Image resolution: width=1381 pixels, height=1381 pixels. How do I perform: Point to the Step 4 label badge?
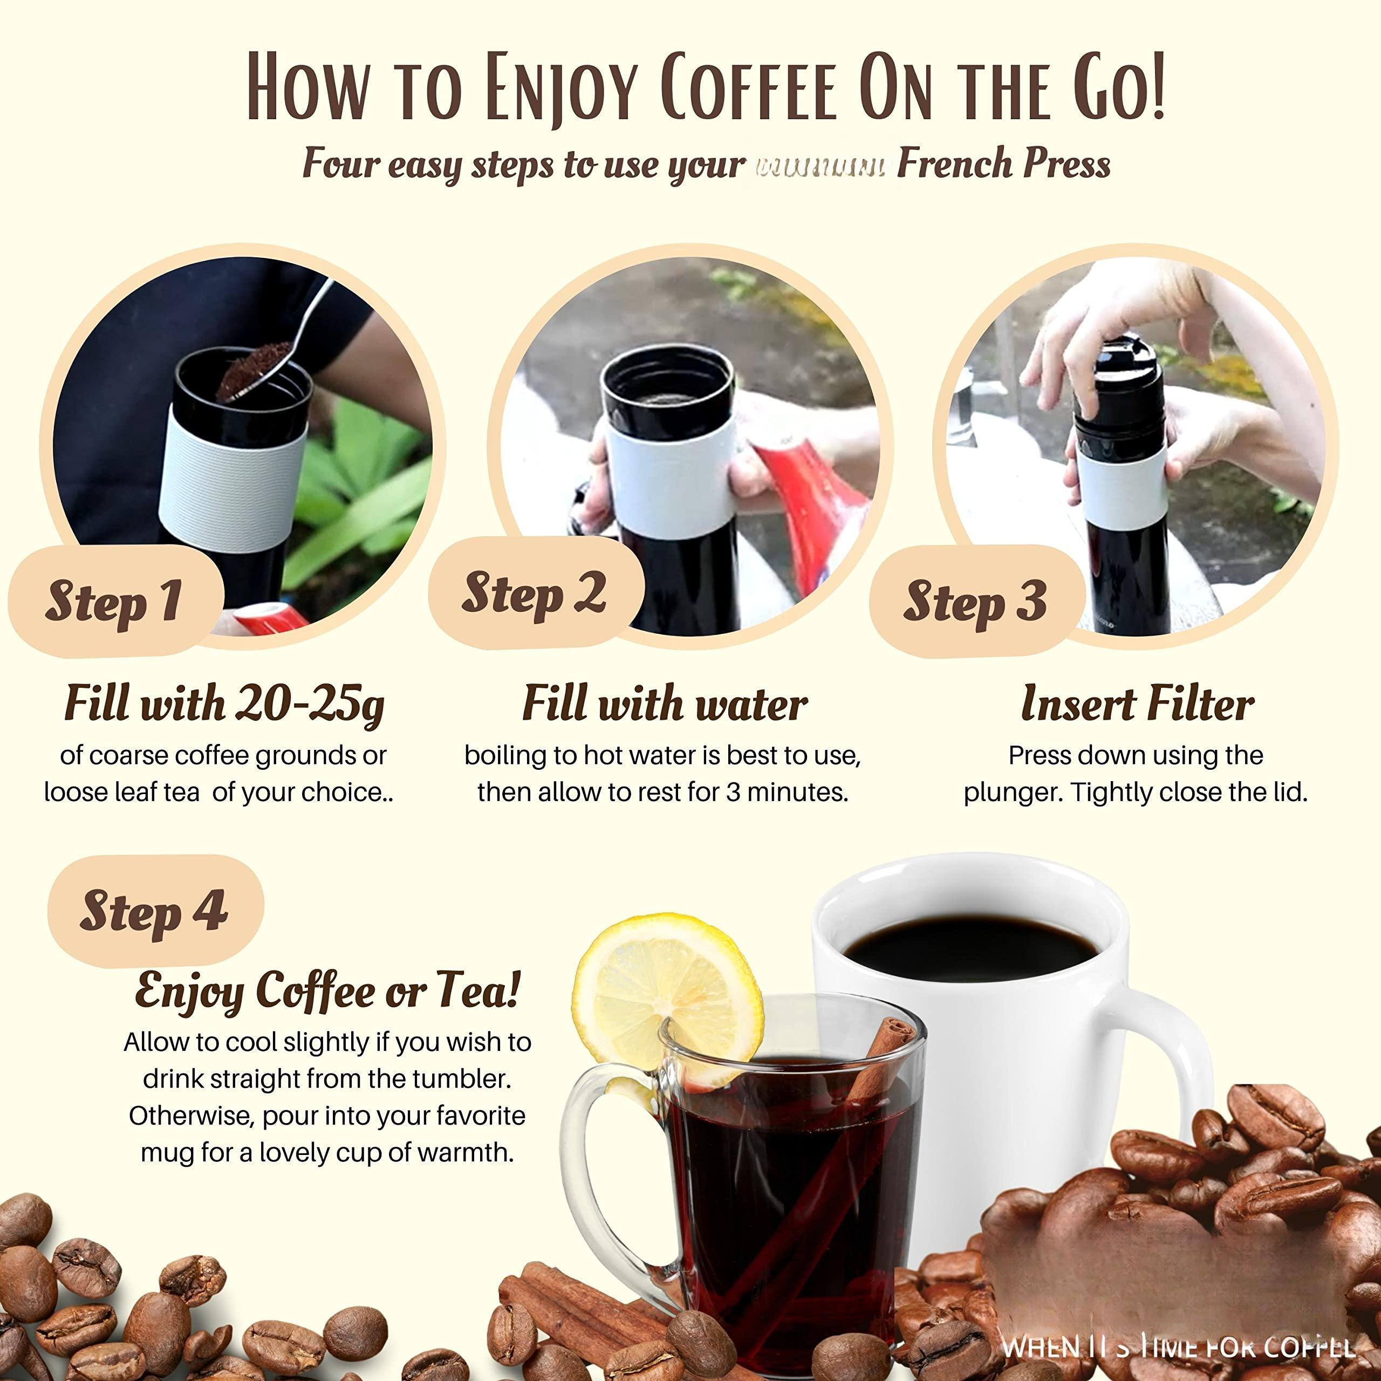point(154,911)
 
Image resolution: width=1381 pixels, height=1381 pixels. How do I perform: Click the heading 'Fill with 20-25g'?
point(224,704)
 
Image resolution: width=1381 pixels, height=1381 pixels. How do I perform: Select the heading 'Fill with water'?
point(664,704)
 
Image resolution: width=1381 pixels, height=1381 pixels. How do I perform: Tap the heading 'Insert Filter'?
point(1137,704)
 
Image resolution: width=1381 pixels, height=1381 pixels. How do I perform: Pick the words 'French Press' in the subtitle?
point(1003,165)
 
